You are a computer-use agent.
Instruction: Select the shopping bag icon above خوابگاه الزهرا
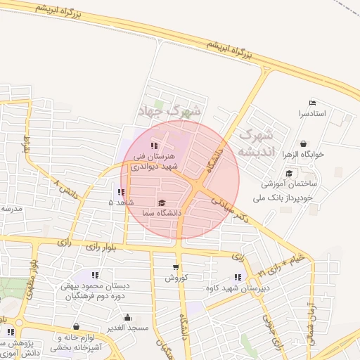[302, 144]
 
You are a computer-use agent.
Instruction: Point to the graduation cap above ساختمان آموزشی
[289, 174]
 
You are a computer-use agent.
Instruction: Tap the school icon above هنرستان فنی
[154, 146]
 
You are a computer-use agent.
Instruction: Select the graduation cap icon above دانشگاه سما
[162, 202]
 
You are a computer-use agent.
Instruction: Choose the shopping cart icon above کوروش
[175, 267]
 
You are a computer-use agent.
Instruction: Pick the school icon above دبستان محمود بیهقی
[96, 275]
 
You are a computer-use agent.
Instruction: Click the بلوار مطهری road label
[32, 281]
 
